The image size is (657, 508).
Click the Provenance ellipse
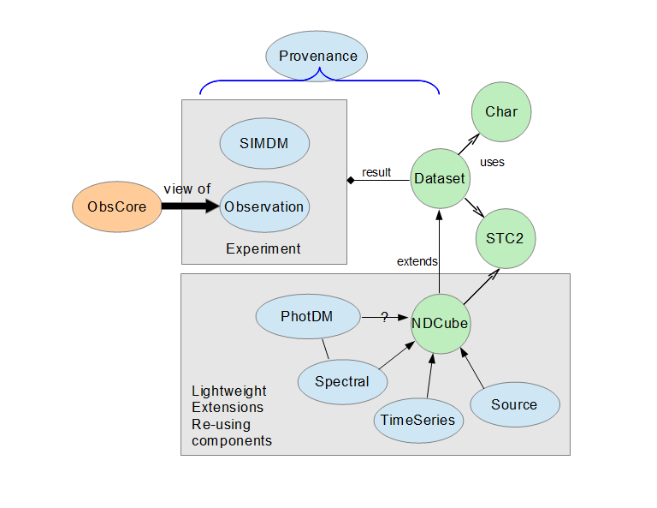click(317, 57)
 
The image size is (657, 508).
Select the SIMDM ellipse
click(264, 142)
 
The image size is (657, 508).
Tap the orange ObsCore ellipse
click(117, 207)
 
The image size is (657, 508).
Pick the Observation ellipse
click(264, 206)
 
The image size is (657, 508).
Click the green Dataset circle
click(439, 179)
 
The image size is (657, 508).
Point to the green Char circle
click(501, 112)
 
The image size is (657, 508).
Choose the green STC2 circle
click(505, 238)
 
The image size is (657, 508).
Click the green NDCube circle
click(440, 323)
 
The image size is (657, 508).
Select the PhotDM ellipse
click(307, 317)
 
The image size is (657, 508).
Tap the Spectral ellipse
click(341, 380)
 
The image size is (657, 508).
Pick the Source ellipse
click(514, 404)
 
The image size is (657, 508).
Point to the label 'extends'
click(417, 261)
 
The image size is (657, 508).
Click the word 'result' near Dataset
click(376, 173)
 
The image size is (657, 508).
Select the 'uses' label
click(492, 162)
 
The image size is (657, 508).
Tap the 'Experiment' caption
click(263, 249)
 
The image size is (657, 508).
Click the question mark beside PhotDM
click(384, 317)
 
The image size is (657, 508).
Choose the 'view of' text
click(187, 188)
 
